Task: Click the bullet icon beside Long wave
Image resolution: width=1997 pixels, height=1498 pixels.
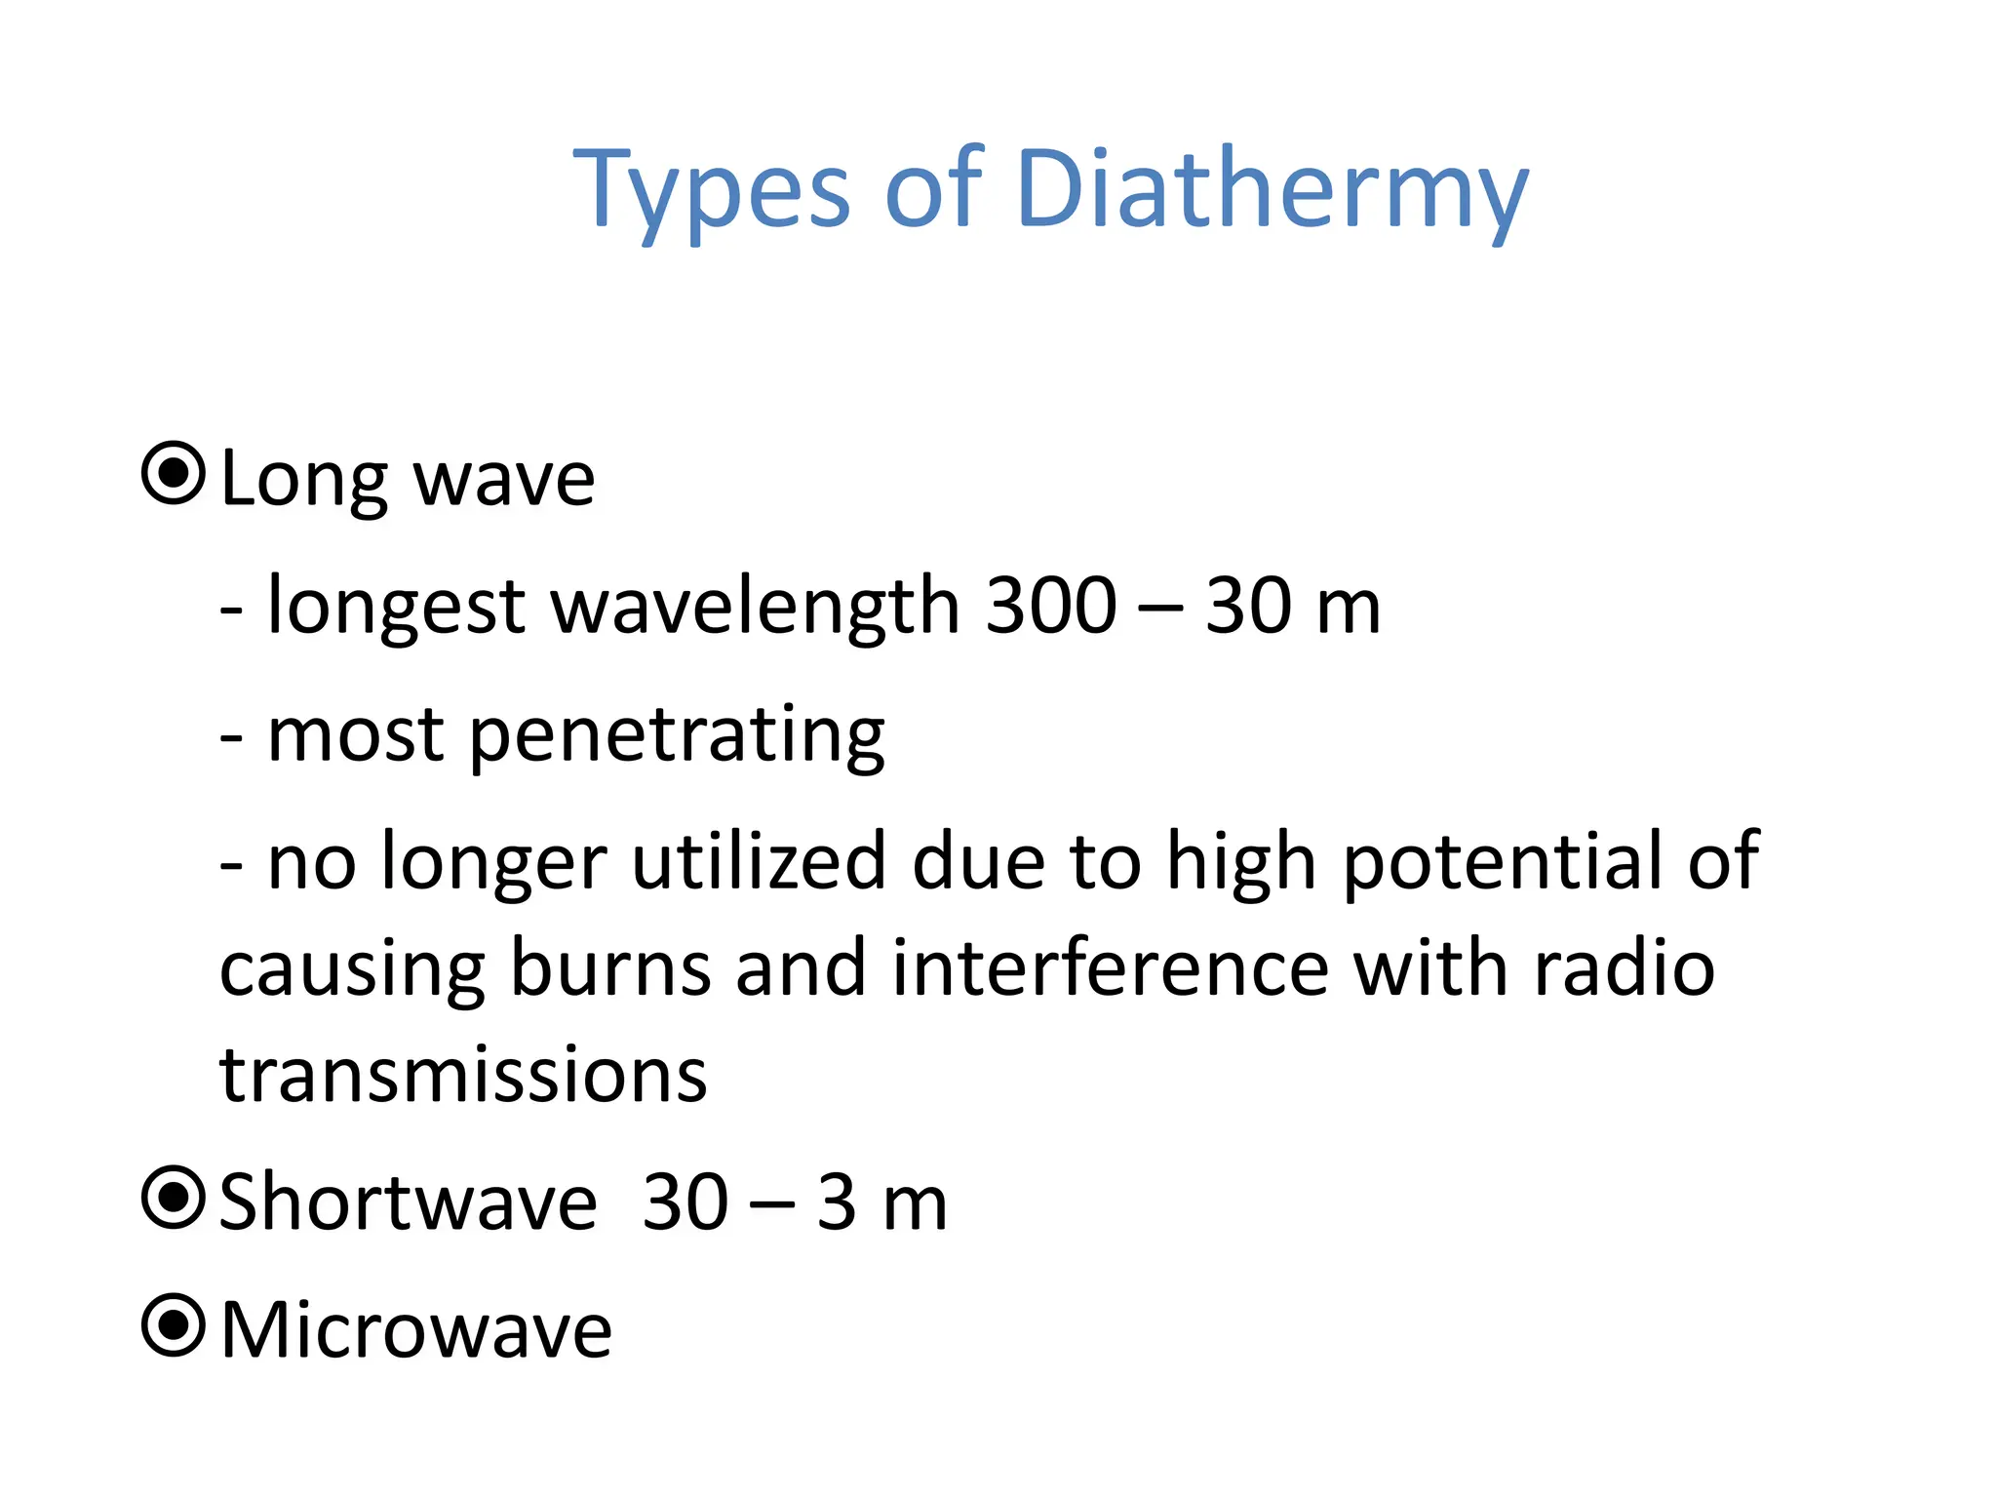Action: click(x=174, y=474)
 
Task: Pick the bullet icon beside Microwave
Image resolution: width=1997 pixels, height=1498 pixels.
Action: click(x=174, y=1325)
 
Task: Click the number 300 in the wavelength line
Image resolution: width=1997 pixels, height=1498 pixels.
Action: click(x=1051, y=606)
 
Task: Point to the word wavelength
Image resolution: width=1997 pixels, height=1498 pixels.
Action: click(x=756, y=606)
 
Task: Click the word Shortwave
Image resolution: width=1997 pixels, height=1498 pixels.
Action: click(x=409, y=1202)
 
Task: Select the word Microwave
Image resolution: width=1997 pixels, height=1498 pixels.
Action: click(x=416, y=1329)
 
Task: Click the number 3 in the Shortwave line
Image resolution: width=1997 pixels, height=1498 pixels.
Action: click(x=837, y=1202)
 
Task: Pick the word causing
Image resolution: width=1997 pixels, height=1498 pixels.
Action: click(x=352, y=972)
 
